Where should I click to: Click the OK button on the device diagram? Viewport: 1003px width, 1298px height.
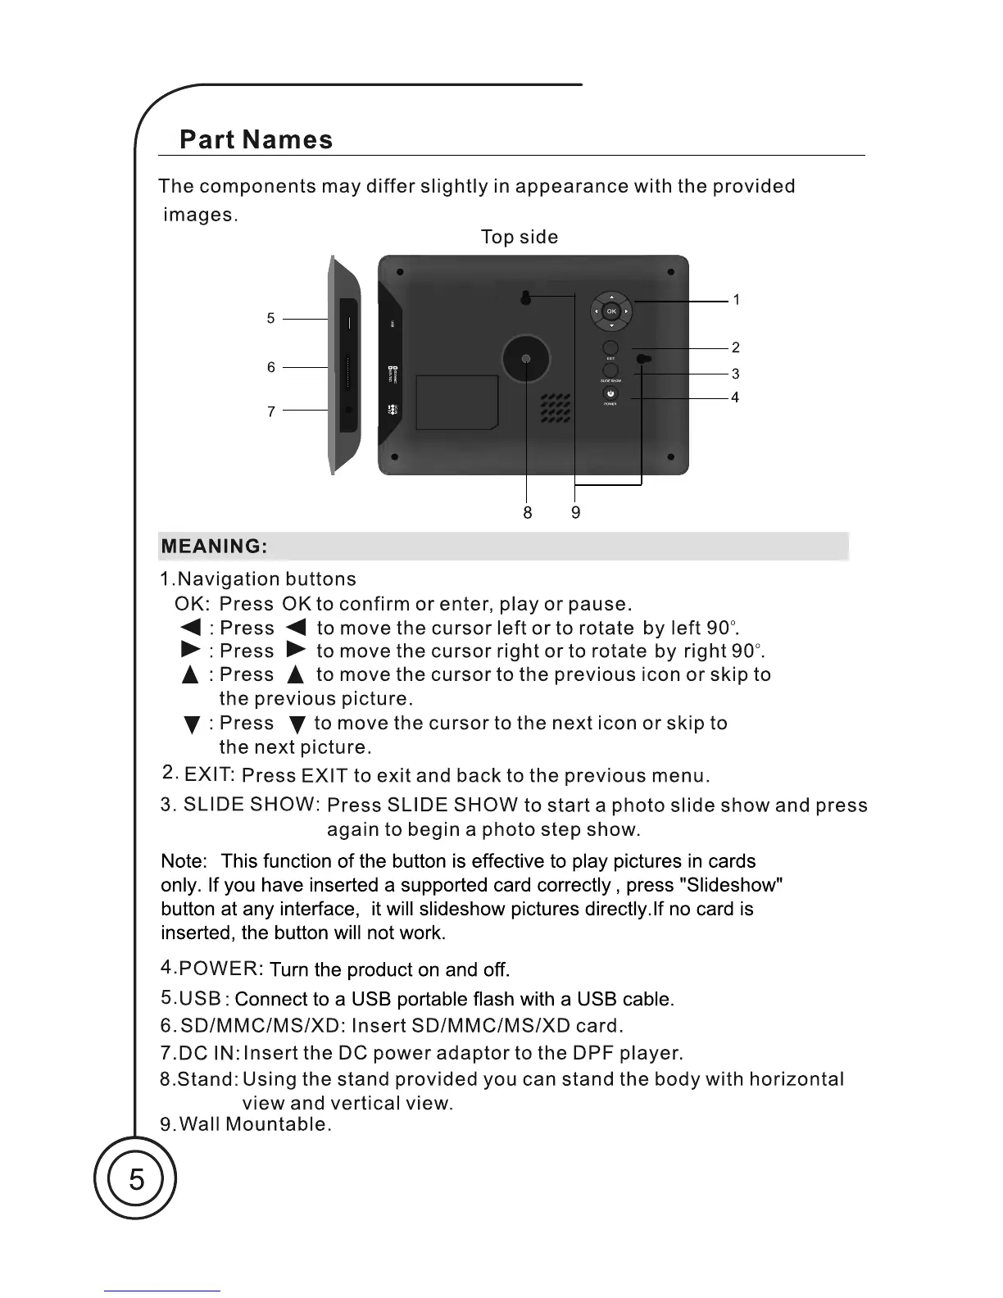coord(611,311)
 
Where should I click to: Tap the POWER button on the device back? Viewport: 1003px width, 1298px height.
coord(610,393)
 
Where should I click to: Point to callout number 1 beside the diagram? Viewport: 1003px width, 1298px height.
coord(737,300)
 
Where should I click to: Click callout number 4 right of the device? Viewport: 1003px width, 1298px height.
coord(735,397)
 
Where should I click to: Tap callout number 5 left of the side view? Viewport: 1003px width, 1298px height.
coord(270,318)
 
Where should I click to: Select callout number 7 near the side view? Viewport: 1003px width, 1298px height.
coord(270,411)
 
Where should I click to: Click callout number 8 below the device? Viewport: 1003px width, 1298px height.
coord(527,513)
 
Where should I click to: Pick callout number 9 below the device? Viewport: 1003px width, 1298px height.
coord(576,513)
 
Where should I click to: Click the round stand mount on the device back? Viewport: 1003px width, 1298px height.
coord(525,359)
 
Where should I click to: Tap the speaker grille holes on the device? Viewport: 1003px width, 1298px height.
coord(555,408)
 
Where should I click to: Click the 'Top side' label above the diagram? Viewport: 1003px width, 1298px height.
coord(519,237)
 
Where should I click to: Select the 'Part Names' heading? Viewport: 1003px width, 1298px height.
coord(256,139)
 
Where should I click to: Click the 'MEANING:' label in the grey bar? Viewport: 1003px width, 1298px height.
coord(214,547)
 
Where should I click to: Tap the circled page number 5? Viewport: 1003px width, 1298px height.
coord(136,1180)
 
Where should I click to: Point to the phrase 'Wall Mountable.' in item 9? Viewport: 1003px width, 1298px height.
coord(255,1124)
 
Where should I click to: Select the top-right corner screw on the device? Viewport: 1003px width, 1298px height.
coord(670,271)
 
